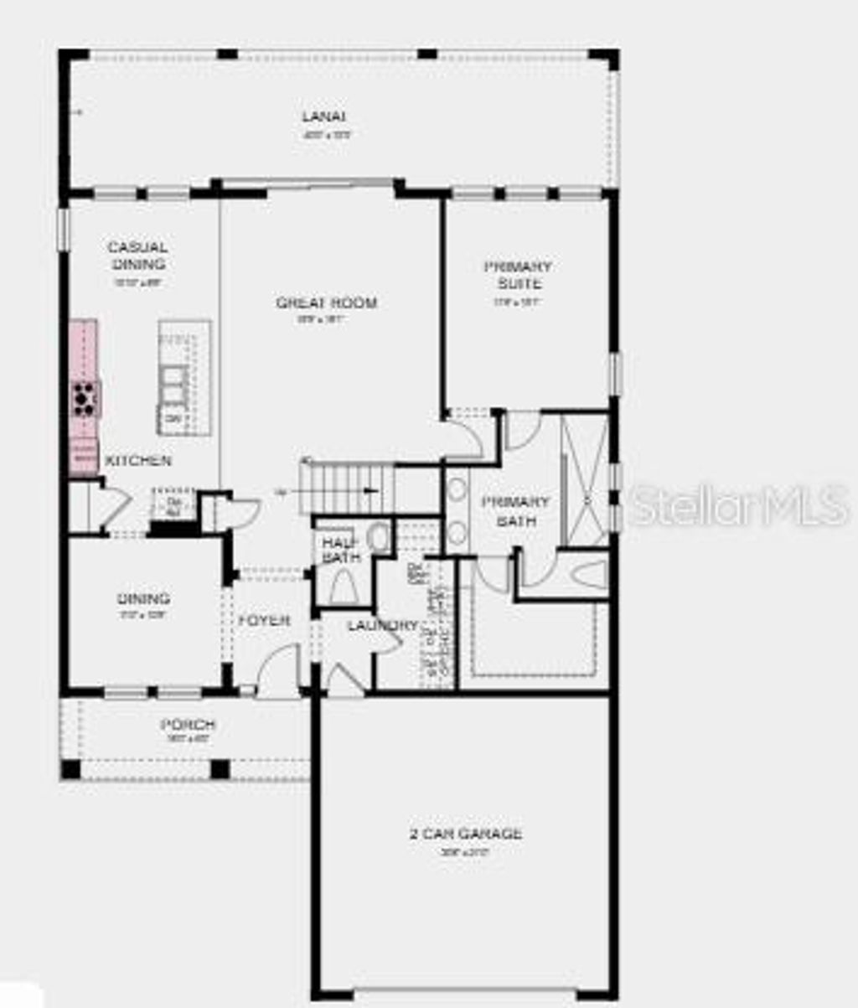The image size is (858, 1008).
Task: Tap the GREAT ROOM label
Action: [x=327, y=302]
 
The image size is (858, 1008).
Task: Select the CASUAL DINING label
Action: [x=137, y=256]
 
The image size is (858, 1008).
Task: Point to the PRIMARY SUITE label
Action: [x=518, y=275]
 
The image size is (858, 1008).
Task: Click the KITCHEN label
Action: [x=138, y=461]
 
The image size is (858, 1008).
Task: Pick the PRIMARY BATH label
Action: [x=515, y=511]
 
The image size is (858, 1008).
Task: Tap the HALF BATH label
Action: [x=340, y=549]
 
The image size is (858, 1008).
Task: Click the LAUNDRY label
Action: [x=382, y=625]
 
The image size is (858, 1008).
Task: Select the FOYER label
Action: [x=264, y=621]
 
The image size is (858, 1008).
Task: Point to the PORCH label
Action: [x=188, y=725]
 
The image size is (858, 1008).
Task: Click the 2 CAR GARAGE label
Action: [x=466, y=834]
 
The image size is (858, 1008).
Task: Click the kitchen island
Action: [x=183, y=377]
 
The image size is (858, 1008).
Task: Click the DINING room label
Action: [x=143, y=599]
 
